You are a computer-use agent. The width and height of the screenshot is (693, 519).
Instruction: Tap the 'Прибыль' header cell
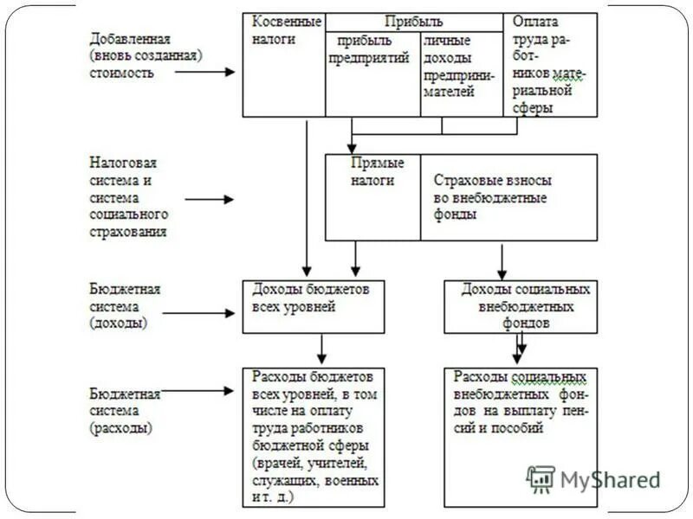[x=413, y=22]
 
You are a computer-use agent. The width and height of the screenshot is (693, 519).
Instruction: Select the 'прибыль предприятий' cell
[x=372, y=74]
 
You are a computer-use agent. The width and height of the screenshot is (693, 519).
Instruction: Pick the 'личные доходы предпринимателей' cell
[x=461, y=74]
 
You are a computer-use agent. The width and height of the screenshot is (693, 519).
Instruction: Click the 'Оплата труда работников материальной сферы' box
[x=550, y=65]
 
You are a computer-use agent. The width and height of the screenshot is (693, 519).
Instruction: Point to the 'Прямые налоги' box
[x=372, y=197]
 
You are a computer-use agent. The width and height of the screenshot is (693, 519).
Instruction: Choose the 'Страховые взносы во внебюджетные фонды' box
[x=508, y=197]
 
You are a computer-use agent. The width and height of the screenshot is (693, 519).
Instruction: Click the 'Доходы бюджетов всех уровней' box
[x=312, y=306]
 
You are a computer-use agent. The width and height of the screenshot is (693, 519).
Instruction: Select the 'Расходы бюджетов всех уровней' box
[x=312, y=438]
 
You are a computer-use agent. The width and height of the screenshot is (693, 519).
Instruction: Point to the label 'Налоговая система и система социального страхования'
[x=130, y=196]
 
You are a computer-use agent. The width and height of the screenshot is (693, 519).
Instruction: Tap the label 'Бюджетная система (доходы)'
[x=126, y=305]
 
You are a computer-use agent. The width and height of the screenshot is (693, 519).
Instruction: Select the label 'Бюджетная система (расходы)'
[x=126, y=410]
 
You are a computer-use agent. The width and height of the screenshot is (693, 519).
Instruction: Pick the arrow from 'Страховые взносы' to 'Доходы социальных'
[x=502, y=259]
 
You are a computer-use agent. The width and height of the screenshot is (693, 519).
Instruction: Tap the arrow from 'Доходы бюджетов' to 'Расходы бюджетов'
[x=321, y=349]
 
